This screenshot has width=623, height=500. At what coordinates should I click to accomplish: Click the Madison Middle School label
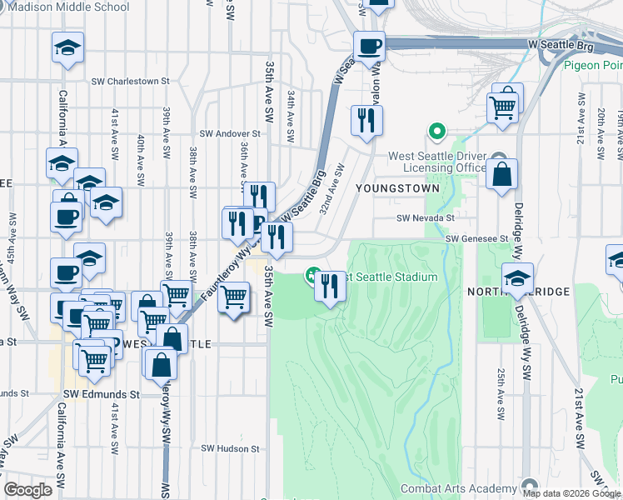point(72,7)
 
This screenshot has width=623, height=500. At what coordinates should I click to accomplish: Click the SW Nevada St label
point(424,217)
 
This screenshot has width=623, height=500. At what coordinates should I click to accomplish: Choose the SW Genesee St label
point(476,238)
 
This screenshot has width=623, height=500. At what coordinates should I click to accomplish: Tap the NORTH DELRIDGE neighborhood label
point(517,292)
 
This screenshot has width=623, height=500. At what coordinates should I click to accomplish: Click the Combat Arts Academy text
point(458,488)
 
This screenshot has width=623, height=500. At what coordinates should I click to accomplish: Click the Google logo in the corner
point(28,490)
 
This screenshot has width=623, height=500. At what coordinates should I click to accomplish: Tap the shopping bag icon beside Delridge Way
point(503,175)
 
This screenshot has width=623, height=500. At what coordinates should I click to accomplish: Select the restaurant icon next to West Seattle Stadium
point(330,287)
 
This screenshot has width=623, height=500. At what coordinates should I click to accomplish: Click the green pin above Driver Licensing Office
point(435,132)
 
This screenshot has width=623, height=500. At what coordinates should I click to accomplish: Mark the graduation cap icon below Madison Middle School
point(67,47)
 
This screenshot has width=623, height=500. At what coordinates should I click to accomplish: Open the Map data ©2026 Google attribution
point(571,492)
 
